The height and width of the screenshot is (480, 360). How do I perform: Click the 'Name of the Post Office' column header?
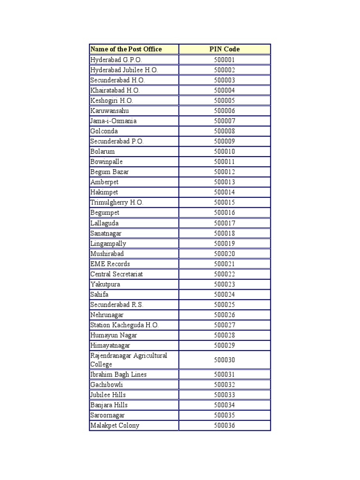tap(126, 49)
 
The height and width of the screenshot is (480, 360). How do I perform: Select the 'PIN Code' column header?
tap(225, 49)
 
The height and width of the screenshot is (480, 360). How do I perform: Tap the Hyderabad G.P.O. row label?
tap(116, 60)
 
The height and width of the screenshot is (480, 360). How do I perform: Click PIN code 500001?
tap(225, 60)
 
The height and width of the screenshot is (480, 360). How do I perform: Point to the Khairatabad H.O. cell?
tap(115, 90)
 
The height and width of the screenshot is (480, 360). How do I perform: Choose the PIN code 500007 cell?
tap(225, 121)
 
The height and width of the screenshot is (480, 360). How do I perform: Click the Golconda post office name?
tap(104, 131)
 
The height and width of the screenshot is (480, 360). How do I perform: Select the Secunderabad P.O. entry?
tap(117, 142)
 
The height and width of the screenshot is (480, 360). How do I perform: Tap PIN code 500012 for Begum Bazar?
tap(225, 172)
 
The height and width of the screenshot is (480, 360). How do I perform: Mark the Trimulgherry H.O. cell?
tap(117, 202)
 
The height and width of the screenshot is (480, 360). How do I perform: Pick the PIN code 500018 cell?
tap(225, 233)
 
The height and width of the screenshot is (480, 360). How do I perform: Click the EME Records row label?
tap(110, 264)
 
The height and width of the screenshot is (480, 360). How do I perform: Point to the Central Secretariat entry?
tap(117, 274)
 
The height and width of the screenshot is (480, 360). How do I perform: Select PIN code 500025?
tap(225, 305)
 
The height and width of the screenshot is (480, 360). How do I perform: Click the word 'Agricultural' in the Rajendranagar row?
tap(150, 356)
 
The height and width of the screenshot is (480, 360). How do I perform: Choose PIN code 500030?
tap(225, 360)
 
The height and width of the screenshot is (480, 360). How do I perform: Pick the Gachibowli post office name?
tap(106, 385)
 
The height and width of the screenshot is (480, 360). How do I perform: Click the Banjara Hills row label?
tap(109, 405)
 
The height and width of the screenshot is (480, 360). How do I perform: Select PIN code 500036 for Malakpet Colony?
tap(225, 426)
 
